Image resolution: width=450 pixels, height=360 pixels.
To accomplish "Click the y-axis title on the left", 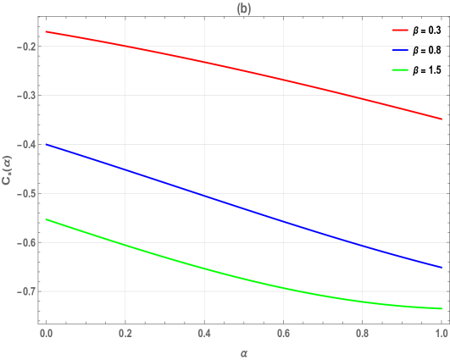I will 8,169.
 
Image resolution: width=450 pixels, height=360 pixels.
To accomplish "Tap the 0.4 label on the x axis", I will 203,334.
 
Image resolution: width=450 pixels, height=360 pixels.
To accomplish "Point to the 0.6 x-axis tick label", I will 283,334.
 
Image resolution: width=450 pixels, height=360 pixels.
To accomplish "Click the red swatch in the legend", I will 401,30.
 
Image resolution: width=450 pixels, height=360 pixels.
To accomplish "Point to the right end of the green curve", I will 442,308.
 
